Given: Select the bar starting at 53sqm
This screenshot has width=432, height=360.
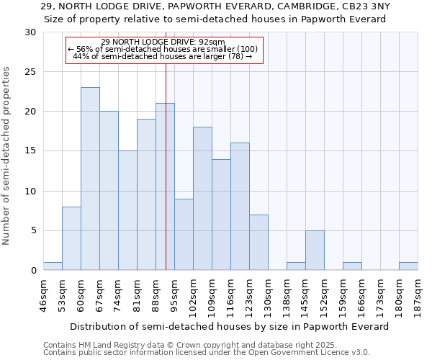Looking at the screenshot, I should point(71,238).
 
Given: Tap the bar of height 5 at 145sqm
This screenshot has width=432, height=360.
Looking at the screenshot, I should point(315,251).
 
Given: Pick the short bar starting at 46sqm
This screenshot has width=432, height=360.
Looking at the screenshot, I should point(53,266).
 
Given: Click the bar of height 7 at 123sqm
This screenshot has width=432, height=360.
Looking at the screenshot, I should point(258,243).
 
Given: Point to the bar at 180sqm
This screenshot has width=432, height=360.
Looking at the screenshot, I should point(408,266).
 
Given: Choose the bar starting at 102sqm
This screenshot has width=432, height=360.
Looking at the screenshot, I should point(202,199).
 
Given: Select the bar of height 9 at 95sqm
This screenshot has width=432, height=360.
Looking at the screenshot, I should point(184,235).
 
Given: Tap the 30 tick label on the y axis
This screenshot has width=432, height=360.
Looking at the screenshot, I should point(30,32).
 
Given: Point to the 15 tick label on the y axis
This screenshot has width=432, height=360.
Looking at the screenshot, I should point(30,151).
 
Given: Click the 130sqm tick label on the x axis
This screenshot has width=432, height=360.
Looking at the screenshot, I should point(268,293).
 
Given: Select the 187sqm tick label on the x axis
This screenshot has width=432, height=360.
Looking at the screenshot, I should point(418,293).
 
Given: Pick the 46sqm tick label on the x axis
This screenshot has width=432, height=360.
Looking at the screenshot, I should point(43,293).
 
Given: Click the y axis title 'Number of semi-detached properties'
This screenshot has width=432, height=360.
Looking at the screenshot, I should point(7,156).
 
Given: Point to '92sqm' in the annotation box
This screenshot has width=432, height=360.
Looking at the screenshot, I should point(212,42).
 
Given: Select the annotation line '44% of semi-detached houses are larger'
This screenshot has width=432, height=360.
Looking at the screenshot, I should point(163,56).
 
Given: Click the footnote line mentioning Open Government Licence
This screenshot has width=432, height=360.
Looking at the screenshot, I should point(207,353).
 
